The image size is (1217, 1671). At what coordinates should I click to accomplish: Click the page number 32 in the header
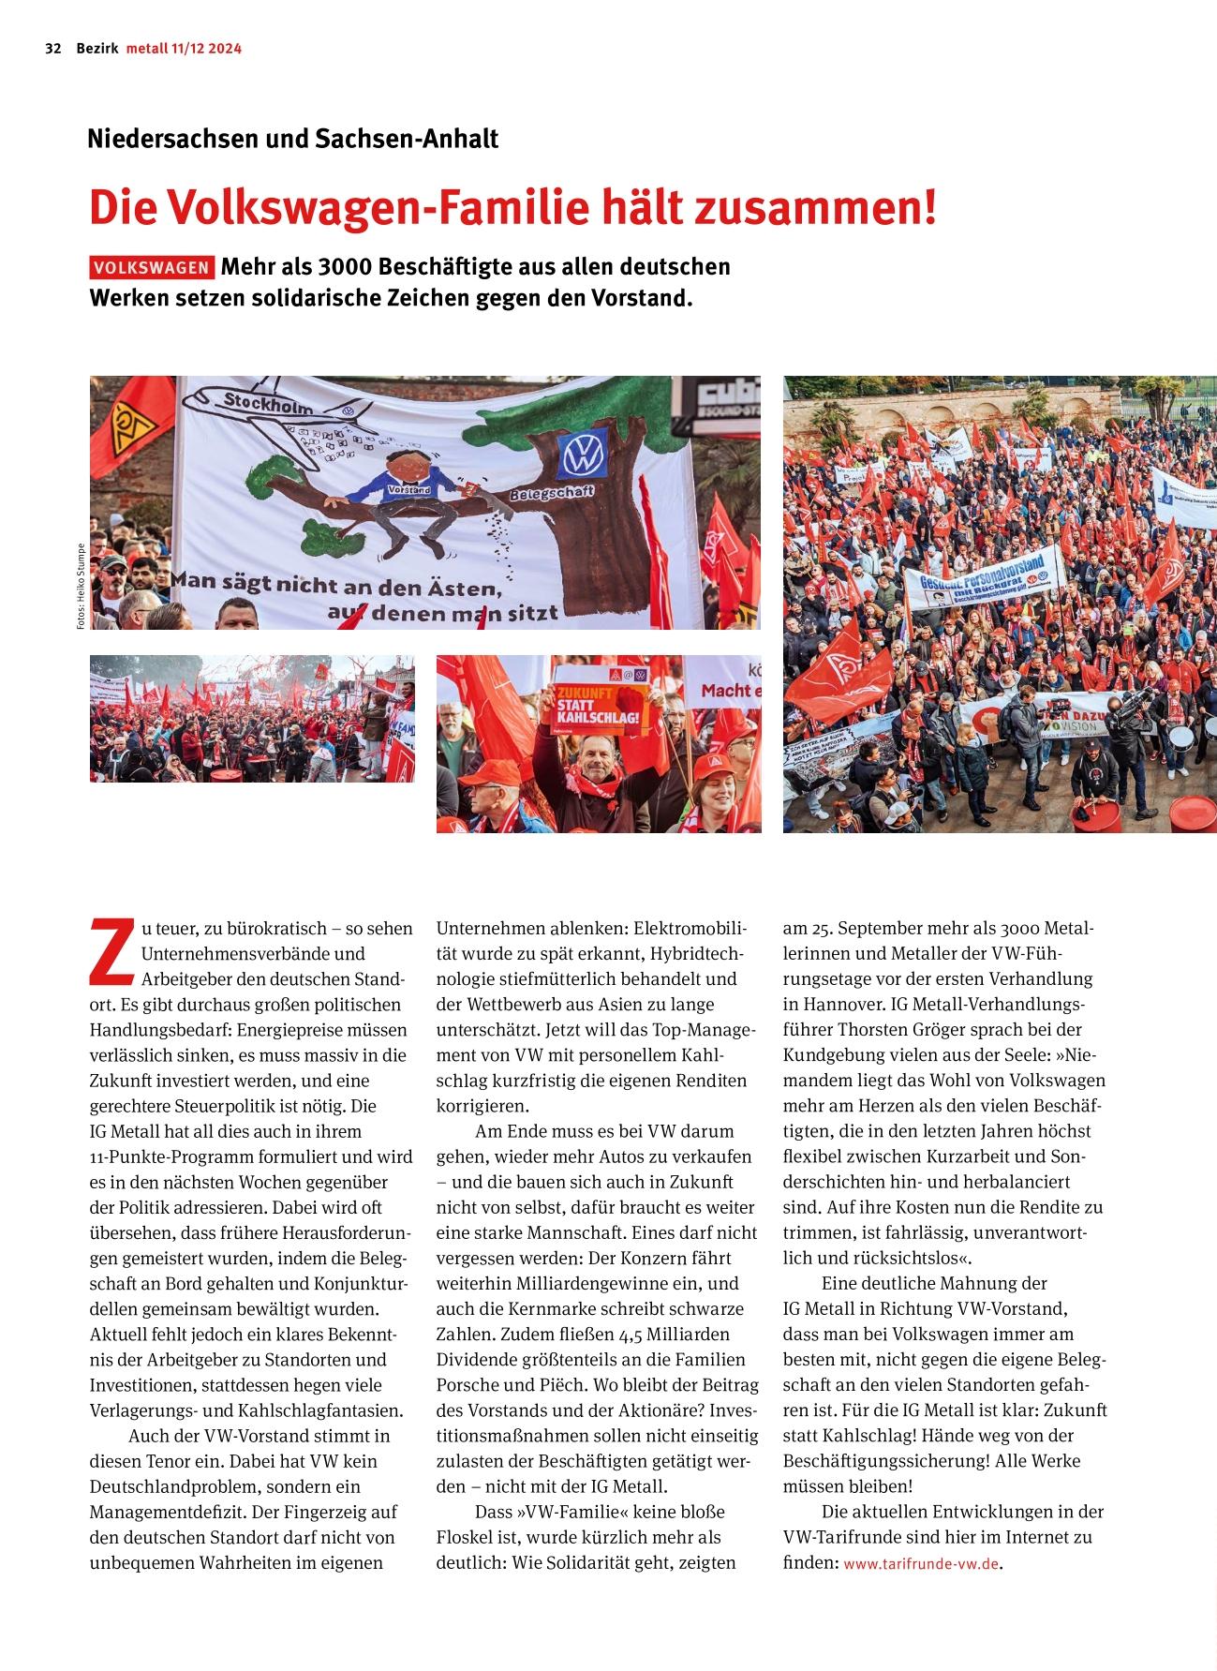53,49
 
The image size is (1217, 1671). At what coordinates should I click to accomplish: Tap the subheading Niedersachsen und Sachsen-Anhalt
292,140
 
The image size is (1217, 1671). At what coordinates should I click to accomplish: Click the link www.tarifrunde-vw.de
920,1564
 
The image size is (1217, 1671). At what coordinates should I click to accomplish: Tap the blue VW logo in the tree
581,455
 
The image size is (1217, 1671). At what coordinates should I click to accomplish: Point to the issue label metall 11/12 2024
184,49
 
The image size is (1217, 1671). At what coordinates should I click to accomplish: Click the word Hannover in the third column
839,1005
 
